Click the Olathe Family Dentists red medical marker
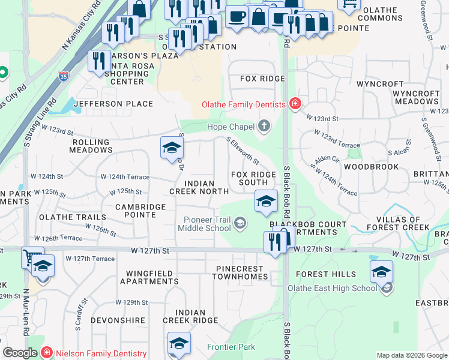295,104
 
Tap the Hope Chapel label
231,127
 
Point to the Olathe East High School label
340,288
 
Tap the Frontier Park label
231,347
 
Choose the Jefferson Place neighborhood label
113,104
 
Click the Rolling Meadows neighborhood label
91,146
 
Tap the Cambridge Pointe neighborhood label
140,211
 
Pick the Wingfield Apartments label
149,277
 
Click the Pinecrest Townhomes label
239,272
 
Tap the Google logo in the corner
20,353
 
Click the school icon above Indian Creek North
172,148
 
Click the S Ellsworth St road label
243,152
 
